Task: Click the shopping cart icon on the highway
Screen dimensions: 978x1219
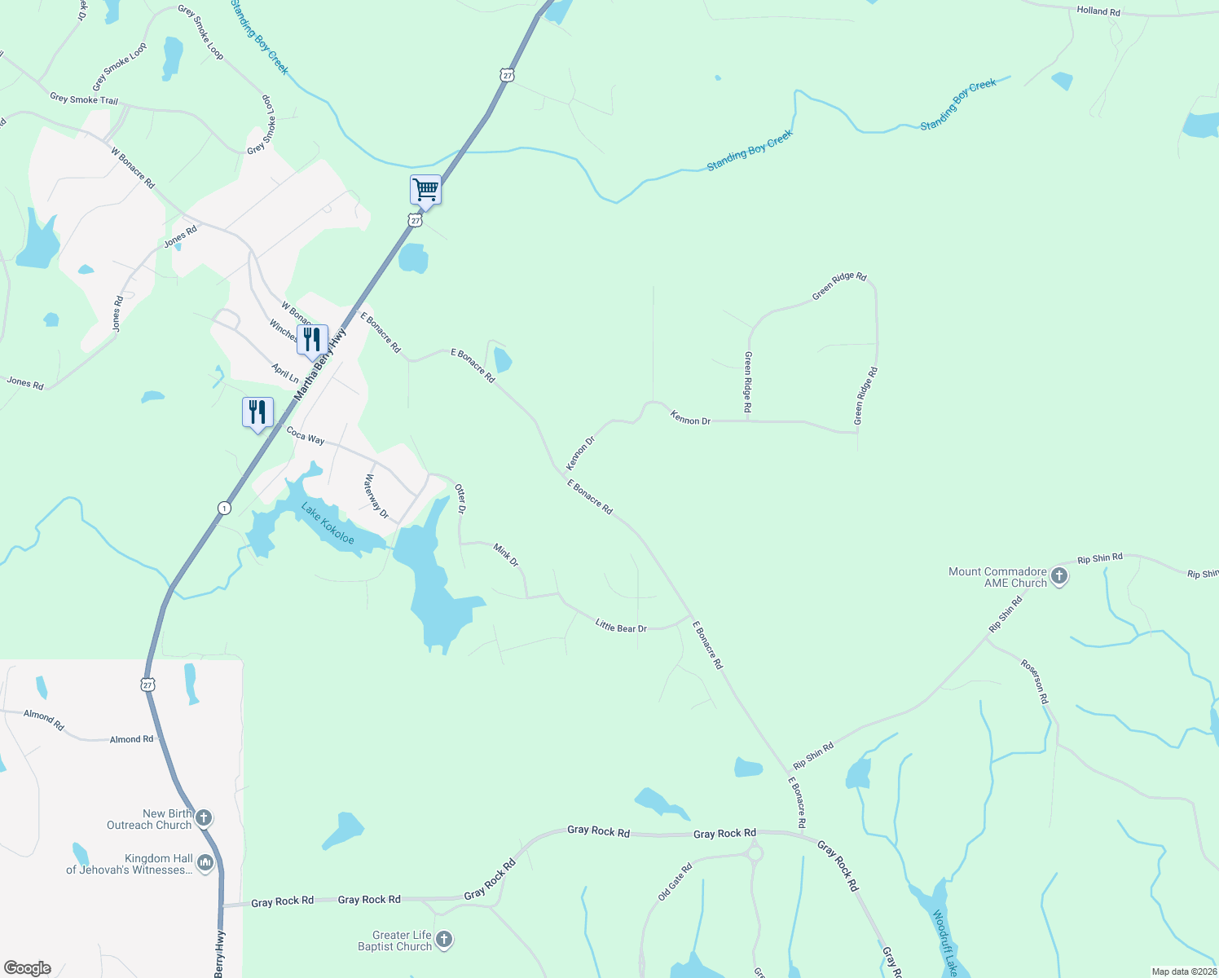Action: (425, 191)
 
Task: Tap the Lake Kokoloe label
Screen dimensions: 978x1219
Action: (328, 523)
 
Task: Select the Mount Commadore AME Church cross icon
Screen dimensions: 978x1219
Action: (1058, 577)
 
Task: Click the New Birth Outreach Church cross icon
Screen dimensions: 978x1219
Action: (204, 817)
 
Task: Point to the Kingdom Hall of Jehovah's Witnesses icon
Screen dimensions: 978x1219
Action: (205, 862)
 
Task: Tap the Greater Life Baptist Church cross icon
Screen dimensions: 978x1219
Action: (444, 940)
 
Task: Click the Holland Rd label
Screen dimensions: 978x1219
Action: (1098, 11)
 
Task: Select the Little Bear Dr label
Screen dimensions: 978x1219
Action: (621, 627)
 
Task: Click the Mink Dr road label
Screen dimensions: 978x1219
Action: (506, 556)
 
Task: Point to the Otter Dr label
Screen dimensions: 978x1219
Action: (460, 499)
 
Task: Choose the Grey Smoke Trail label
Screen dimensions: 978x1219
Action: (84, 99)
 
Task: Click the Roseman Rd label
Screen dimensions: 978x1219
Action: (1035, 681)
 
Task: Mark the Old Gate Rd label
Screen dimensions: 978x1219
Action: (675, 881)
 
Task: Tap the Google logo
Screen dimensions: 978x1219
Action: (28, 968)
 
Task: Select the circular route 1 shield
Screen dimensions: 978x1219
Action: (224, 509)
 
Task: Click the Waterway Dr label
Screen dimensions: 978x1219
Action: (376, 497)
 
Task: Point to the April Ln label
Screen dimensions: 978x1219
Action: (285, 373)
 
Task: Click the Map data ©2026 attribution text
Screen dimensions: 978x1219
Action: (1184, 971)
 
